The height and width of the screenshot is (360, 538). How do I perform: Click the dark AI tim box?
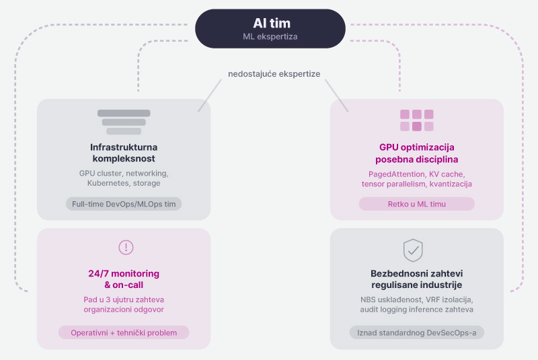coord(270,28)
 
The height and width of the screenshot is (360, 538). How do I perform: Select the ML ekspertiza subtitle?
coord(270,36)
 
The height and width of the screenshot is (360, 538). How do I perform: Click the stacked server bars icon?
coord(124,122)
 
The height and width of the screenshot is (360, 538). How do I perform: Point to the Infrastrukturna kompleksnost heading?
coord(124,153)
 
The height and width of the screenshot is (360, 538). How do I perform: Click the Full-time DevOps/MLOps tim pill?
coord(124,204)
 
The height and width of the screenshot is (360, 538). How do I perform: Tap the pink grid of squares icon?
coord(417,120)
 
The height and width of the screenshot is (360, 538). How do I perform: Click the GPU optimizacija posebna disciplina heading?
coord(417,153)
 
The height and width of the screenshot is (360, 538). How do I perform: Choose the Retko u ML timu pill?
coord(417,204)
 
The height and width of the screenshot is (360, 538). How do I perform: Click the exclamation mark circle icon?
coord(126,247)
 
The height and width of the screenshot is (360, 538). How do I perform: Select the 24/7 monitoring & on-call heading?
coord(124,280)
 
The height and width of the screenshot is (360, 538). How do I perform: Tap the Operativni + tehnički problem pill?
coord(124,332)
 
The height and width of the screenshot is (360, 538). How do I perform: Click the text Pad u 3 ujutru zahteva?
coord(124,299)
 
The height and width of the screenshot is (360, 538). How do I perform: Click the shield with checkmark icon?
coord(413,250)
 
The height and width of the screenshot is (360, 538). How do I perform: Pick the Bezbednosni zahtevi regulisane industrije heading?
coord(417,280)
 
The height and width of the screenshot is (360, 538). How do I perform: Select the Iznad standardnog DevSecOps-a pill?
coord(417,332)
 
